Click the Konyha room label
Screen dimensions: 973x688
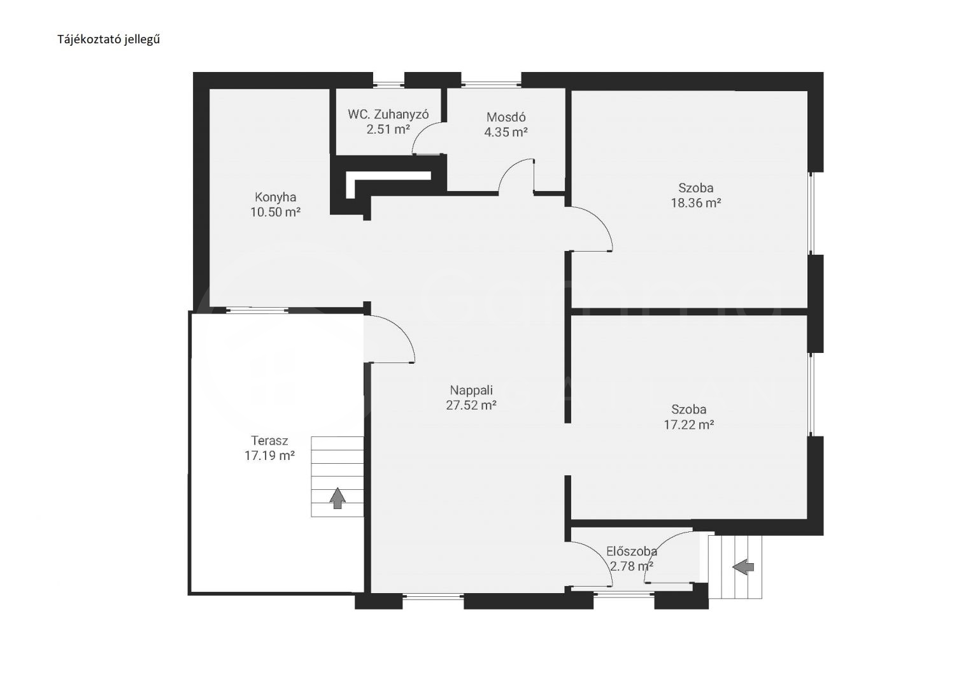pos(275,197)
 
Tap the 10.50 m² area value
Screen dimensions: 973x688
pos(275,212)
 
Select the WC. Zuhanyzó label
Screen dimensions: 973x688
pos(388,115)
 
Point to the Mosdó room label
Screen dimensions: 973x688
pos(506,117)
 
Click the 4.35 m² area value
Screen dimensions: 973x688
pos(506,132)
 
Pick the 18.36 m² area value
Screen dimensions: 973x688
pos(696,203)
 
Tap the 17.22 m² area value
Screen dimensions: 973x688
pos(689,424)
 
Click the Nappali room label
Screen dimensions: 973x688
pos(471,391)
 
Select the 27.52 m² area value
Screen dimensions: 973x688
pos(471,405)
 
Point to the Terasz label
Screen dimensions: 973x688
pos(270,441)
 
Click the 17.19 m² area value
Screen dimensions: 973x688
pos(270,455)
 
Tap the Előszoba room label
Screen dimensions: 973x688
pos(632,552)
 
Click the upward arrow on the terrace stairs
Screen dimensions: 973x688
pos(337,498)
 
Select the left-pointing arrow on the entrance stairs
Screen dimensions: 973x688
pos(743,567)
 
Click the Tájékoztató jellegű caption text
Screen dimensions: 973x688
pos(109,39)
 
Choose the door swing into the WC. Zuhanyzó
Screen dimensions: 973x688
pos(422,131)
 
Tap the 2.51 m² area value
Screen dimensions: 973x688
pos(388,129)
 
